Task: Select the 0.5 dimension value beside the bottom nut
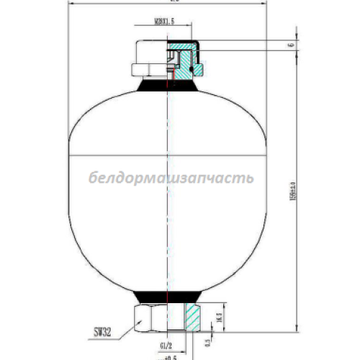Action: (x=209, y=341)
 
